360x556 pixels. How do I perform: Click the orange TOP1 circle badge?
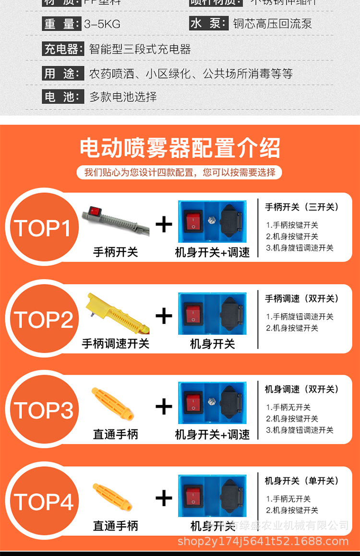pos(44,228)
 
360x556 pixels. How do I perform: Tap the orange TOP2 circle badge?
pos(44,319)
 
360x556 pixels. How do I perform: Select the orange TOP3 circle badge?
pos(44,411)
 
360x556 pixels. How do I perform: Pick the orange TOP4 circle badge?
pos(44,502)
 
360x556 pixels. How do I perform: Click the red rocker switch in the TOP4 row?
pos(194,496)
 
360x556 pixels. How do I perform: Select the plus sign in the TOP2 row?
pos(164,316)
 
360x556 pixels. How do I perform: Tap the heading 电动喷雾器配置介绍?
pos(180,148)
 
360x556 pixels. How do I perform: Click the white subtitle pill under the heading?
pos(180,172)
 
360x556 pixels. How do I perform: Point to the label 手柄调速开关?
pos(115,343)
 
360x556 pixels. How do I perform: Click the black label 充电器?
pos(61,49)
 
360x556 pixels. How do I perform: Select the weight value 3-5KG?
pos(102,24)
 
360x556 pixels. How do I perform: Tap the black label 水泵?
pos(208,24)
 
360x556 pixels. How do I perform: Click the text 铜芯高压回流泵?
pos(272,24)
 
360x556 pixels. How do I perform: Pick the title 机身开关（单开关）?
pos(301,481)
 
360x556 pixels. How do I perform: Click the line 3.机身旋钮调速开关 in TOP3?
pos(300,430)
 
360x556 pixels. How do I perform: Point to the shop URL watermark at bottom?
pos(263,542)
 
